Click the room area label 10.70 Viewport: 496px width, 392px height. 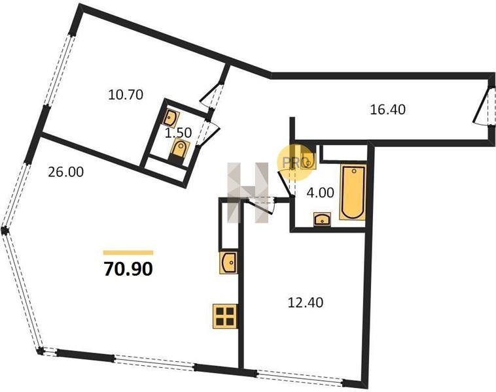[126, 95]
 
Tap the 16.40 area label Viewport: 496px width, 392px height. [387, 110]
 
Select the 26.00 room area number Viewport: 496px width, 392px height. [66, 172]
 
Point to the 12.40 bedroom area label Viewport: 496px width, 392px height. [305, 302]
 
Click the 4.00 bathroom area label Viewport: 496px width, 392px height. [320, 192]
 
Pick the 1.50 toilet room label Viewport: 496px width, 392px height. [179, 133]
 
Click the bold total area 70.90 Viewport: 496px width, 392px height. [128, 269]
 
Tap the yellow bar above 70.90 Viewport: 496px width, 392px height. [128, 252]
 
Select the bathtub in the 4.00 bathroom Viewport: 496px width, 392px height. [353, 191]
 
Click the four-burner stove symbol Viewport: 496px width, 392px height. [225, 316]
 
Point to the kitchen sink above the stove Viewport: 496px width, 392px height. [228, 263]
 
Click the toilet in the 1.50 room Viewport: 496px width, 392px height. [180, 151]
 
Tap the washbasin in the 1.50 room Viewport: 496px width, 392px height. [171, 117]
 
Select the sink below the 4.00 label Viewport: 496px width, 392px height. [322, 219]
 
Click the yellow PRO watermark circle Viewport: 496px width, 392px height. [295, 163]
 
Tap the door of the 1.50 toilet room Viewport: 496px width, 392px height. [207, 133]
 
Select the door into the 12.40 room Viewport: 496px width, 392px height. [260, 204]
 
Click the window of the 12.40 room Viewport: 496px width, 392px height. [300, 378]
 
